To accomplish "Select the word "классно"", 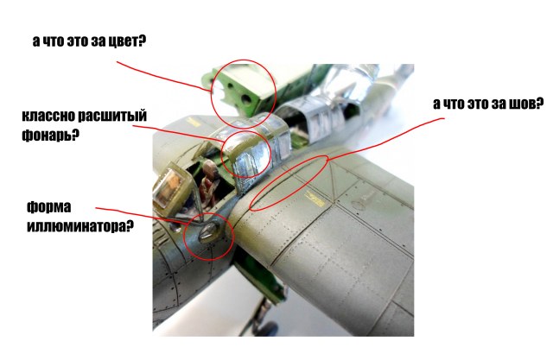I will click(x=54, y=116).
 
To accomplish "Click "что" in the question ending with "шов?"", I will click(x=460, y=104).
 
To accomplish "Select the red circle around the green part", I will click(x=244, y=92).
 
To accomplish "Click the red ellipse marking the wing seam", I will click(x=290, y=183).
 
